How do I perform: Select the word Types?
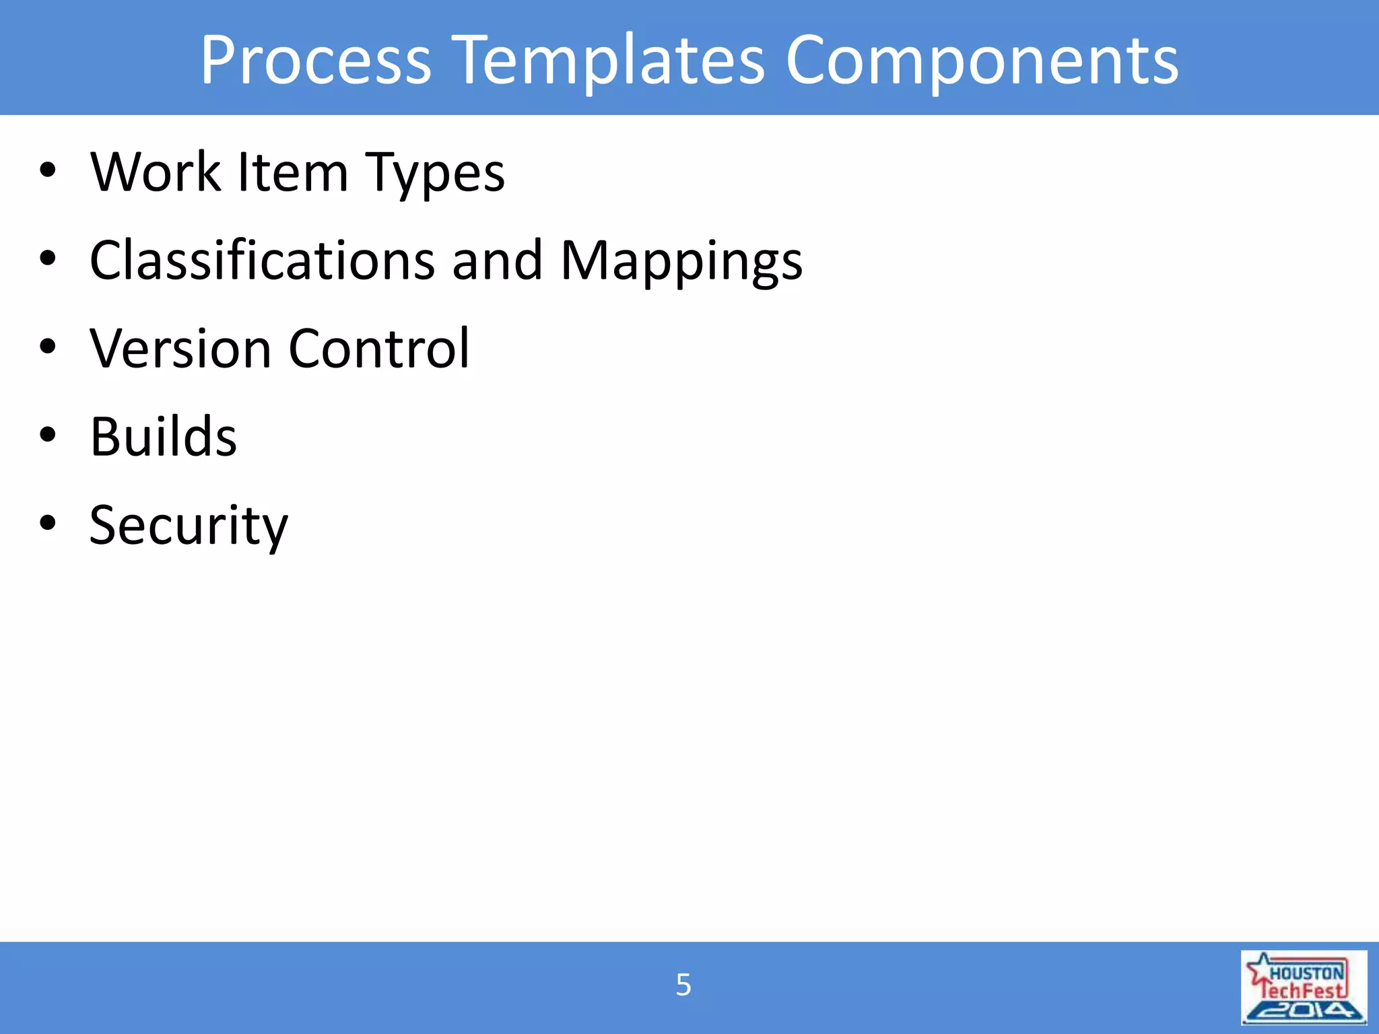434,174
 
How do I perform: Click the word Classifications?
262,261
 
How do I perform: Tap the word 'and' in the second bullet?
497,261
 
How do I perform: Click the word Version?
180,349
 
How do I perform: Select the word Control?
379,349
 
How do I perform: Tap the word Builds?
164,437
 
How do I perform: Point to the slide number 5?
683,985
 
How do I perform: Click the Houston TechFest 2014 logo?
1304,987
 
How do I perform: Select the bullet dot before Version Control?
48,347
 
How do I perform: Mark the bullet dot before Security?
48,522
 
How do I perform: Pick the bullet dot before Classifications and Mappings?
48,258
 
